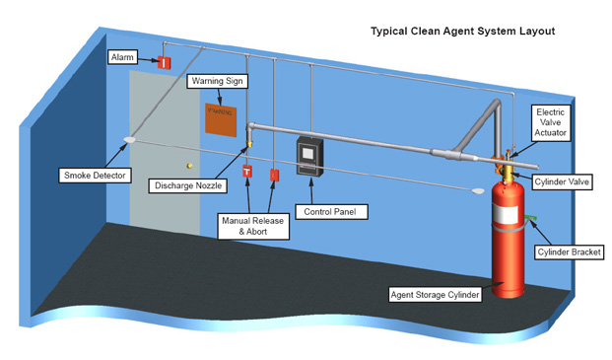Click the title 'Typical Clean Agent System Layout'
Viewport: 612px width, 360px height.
coord(462,32)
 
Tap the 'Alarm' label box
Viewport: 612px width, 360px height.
coord(124,58)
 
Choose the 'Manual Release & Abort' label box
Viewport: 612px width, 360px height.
coord(253,227)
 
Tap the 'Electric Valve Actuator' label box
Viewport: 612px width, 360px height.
coord(549,125)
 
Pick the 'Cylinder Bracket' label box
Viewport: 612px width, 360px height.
coord(568,252)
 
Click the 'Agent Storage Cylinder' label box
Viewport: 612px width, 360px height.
coord(434,294)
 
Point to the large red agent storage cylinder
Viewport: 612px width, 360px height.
coord(509,247)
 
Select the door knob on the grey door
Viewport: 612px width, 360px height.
coord(189,165)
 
